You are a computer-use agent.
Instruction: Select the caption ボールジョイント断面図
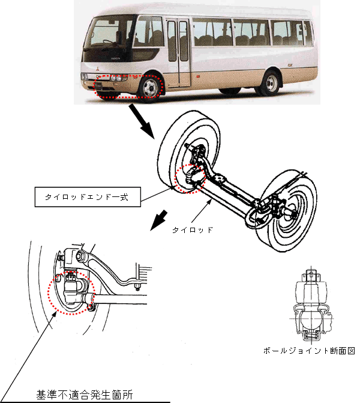pos(309,351)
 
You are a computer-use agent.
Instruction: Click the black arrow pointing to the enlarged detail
pos(158,219)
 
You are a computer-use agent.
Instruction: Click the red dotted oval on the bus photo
pos(129,86)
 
